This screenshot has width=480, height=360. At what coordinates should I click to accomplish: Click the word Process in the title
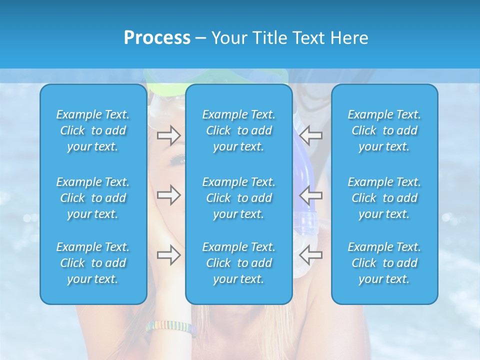[157, 38]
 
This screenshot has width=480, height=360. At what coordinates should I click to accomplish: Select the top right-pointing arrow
[168, 135]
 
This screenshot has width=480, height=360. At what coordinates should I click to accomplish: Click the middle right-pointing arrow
[168, 195]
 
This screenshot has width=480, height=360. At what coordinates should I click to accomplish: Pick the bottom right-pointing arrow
[168, 255]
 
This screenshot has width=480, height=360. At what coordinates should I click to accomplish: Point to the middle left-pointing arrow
[311, 195]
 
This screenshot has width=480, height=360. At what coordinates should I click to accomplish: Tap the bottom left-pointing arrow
[311, 255]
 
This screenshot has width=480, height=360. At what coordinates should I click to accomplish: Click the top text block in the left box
[93, 130]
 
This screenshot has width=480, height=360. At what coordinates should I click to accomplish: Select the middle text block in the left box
[93, 198]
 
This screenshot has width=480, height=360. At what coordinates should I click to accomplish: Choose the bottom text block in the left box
[93, 263]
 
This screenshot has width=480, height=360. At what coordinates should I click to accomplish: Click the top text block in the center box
[238, 130]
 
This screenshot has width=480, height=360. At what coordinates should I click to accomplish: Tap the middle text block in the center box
[238, 198]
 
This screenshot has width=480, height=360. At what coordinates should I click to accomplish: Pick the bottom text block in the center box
[238, 263]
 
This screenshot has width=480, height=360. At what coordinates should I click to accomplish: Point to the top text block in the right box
[384, 130]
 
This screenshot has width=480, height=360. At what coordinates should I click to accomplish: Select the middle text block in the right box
[384, 198]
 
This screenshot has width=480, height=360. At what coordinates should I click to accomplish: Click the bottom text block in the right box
[384, 263]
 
